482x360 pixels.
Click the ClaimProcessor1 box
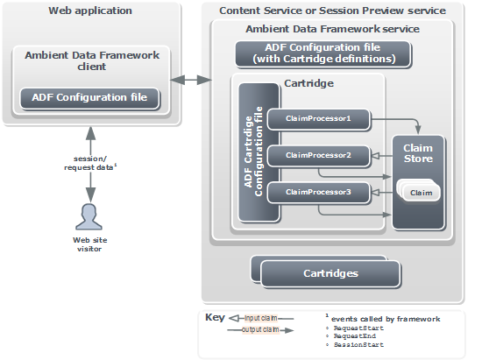click(318, 119)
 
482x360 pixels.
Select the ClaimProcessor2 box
click(318, 156)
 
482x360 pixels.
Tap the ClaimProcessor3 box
click(318, 193)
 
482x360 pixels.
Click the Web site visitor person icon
click(89, 217)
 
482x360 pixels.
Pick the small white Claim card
click(422, 193)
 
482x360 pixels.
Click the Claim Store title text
click(418, 153)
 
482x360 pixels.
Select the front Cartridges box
click(330, 273)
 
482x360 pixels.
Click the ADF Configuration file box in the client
click(89, 98)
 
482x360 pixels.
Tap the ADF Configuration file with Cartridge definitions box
click(323, 53)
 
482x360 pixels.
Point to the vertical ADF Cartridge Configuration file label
click(253, 152)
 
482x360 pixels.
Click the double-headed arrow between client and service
click(191, 81)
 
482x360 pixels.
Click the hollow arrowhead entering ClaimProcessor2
click(376, 156)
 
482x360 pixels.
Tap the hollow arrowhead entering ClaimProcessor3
click(376, 193)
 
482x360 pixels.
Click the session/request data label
click(90, 163)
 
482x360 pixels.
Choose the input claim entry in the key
click(261, 318)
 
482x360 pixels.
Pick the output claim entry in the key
click(260, 330)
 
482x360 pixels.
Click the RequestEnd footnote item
click(355, 336)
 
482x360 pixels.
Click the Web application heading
click(90, 11)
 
